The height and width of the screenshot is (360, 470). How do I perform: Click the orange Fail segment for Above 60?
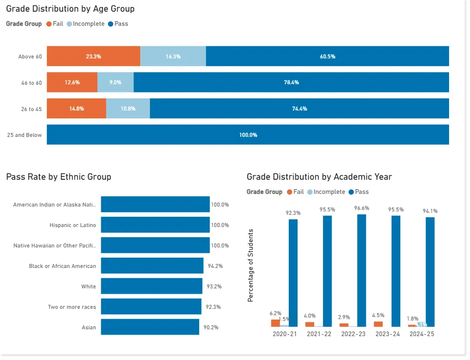pyautogui.click(x=94, y=57)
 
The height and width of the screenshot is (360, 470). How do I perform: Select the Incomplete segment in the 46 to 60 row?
pyautogui.click(x=115, y=83)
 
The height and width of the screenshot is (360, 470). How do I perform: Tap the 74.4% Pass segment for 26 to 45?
pyautogui.click(x=299, y=109)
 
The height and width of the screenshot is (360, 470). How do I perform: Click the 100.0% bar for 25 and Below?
pyautogui.click(x=247, y=135)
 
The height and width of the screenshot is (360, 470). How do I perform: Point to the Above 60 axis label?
pyautogui.click(x=30, y=57)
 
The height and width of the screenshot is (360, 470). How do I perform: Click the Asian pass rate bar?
pyautogui.click(x=150, y=327)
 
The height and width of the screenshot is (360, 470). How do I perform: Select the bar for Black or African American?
pyautogui.click(x=152, y=266)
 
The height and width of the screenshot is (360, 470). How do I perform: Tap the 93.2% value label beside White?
pyautogui.click(x=214, y=286)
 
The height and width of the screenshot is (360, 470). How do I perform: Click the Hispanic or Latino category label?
pyautogui.click(x=73, y=225)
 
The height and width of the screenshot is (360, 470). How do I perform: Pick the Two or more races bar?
pyautogui.click(x=151, y=307)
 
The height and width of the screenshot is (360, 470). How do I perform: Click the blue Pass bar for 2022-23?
pyautogui.click(x=361, y=270)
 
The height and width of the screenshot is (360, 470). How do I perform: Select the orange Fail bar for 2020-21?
pyautogui.click(x=276, y=323)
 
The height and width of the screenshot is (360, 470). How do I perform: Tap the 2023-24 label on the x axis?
pyautogui.click(x=387, y=334)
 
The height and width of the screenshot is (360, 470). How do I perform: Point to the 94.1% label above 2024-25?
pyautogui.click(x=430, y=211)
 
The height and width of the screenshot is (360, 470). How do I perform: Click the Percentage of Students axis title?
pyautogui.click(x=251, y=265)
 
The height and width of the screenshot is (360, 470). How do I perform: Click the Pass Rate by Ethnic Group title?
pyautogui.click(x=58, y=177)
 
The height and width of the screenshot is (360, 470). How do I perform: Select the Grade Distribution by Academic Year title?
pyautogui.click(x=319, y=177)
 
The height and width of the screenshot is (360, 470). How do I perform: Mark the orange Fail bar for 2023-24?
pyautogui.click(x=378, y=324)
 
